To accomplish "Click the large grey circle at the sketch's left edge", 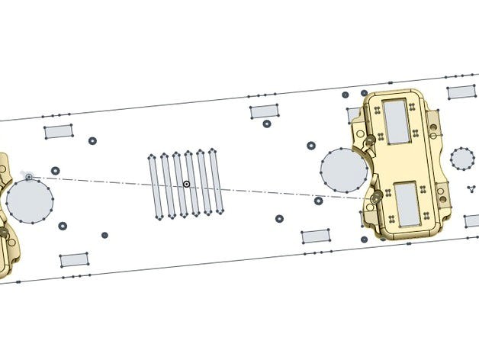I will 30,201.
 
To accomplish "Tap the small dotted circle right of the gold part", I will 462,159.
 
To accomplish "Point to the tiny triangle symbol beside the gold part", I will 471,188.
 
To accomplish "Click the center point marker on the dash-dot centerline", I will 186,185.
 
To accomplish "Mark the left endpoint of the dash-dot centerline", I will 29,177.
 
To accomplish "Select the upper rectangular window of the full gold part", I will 397,121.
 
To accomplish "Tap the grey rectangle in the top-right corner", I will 461,92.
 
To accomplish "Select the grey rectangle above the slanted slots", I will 264,111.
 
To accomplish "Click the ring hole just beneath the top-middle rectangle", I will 267,124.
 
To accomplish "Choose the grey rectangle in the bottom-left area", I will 73,260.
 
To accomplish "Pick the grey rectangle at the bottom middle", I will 315,236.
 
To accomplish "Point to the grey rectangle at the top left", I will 58,130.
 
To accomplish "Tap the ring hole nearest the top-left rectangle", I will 92,141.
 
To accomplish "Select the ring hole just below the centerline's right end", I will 318,201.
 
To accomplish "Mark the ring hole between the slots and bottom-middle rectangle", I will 279,218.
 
